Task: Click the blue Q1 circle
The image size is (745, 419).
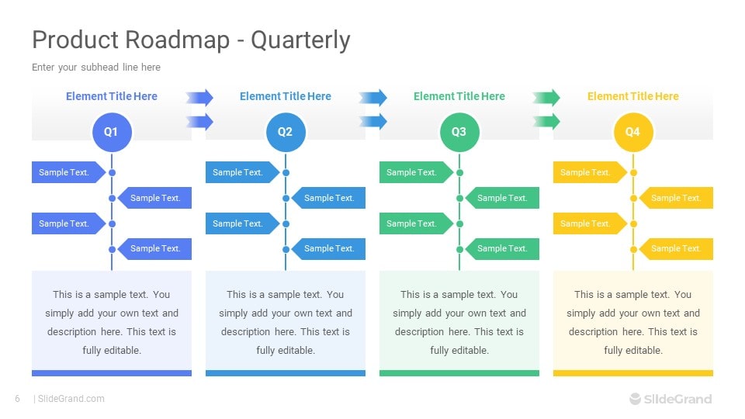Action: point(112,132)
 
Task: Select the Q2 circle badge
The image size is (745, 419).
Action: point(286,132)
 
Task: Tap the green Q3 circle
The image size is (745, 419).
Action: point(459,132)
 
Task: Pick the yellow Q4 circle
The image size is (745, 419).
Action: point(633,132)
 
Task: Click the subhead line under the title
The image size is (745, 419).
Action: point(96,68)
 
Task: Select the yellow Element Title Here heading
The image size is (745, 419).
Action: point(632,96)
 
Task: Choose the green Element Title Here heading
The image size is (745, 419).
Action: point(459,96)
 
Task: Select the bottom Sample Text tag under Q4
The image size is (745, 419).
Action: point(676,248)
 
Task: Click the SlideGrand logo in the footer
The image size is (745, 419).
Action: point(670,399)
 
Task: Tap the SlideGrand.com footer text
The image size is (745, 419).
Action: point(71,399)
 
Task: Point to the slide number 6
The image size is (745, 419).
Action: point(17,399)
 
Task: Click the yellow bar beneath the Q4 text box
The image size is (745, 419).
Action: point(633,373)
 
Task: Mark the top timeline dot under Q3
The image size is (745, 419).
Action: point(459,172)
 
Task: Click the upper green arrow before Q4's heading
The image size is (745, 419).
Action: point(546,97)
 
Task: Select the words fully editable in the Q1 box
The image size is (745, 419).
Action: point(112,350)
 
